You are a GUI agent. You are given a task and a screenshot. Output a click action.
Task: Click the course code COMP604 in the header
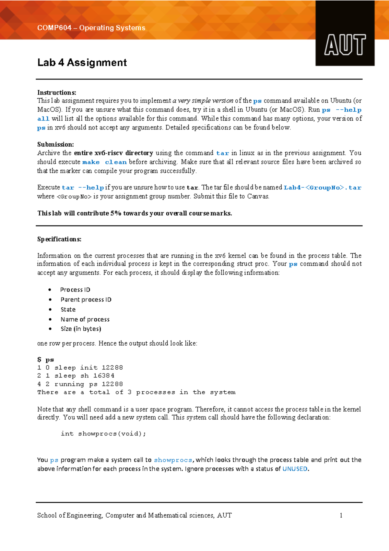pyautogui.click(x=54, y=28)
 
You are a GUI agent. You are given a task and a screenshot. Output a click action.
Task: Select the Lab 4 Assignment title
pyautogui.click(x=82, y=62)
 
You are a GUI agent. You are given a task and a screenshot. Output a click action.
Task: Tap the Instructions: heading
pyautogui.click(x=57, y=92)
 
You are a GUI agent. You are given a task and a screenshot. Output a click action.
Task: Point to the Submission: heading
pyautogui.click(x=55, y=144)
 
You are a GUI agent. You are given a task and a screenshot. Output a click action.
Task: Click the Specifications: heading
pyautogui.click(x=59, y=239)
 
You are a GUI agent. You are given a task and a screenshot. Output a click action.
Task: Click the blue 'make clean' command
pyautogui.click(x=104, y=162)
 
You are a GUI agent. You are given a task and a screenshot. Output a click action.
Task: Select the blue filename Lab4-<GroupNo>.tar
pyautogui.click(x=322, y=188)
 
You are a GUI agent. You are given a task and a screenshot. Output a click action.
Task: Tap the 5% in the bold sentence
pyautogui.click(x=116, y=213)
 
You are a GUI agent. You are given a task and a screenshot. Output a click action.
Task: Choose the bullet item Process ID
pyautogui.click(x=75, y=289)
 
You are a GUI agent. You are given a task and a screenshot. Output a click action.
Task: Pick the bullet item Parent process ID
pyautogui.click(x=86, y=300)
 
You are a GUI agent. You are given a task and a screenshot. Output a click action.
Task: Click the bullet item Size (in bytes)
pyautogui.click(x=81, y=329)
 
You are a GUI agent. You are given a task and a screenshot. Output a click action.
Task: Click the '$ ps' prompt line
pyautogui.click(x=46, y=360)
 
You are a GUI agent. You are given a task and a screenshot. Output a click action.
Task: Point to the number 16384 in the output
pyautogui.click(x=104, y=376)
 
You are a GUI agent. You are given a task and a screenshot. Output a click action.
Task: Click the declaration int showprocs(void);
pyautogui.click(x=103, y=434)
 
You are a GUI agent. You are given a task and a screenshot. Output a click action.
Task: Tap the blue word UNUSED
pyautogui.click(x=295, y=469)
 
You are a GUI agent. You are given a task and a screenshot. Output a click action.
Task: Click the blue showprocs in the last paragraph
pyautogui.click(x=173, y=460)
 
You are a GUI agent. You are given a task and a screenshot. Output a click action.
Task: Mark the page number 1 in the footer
pyautogui.click(x=341, y=515)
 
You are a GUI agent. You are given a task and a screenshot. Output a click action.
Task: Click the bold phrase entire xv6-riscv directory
pyautogui.click(x=113, y=153)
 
